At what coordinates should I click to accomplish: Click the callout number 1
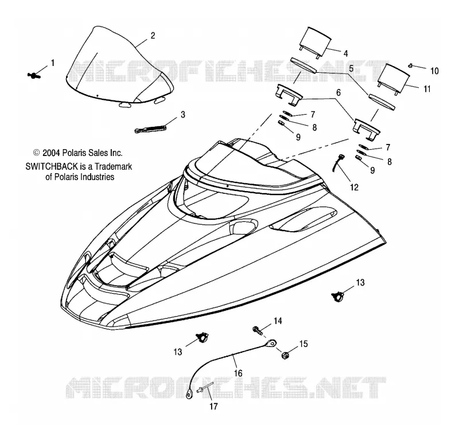tap(53, 63)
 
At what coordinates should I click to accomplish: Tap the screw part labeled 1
tap(34, 76)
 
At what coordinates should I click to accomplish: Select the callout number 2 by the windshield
tap(153, 36)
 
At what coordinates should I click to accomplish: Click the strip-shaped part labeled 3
tap(150, 128)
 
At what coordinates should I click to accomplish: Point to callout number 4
tap(346, 53)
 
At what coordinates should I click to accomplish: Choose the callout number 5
tap(351, 68)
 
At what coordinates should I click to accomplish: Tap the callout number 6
tap(339, 92)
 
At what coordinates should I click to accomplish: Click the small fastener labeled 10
tap(411, 65)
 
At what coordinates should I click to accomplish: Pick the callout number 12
tap(354, 188)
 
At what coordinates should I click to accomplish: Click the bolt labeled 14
tap(257, 330)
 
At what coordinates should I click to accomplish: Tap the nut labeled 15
tap(284, 356)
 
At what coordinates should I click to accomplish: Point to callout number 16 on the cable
tap(238, 373)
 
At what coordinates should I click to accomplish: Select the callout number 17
tap(213, 406)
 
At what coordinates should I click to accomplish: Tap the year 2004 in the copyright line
tap(51, 153)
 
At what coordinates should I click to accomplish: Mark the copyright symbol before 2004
tap(37, 153)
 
